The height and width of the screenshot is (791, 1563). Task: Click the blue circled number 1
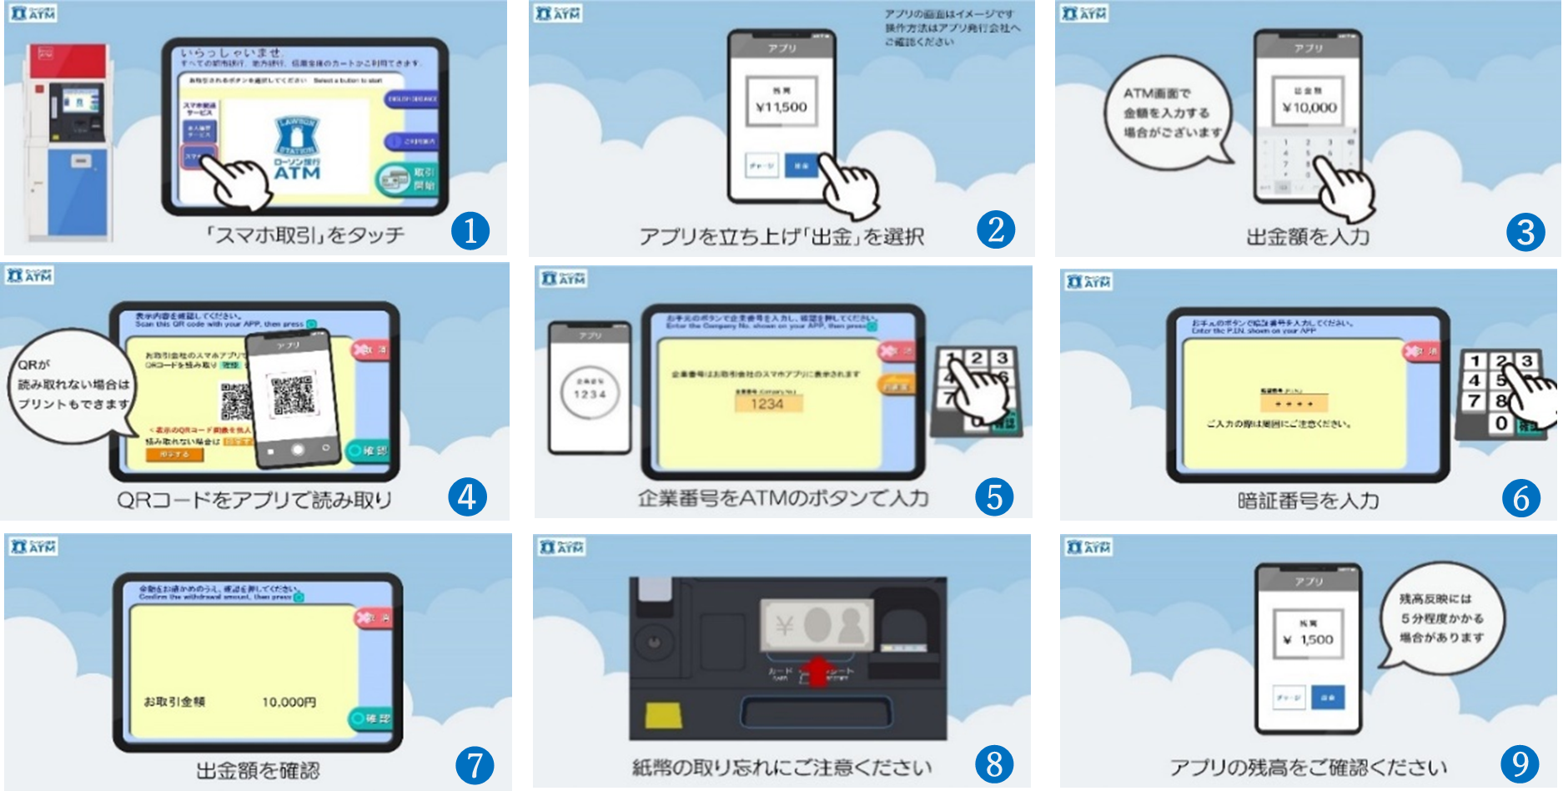[x=470, y=230]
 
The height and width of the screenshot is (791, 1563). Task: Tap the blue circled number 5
[x=994, y=496]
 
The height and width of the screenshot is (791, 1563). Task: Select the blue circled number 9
[x=1520, y=763]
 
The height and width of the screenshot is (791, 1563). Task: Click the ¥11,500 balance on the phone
[x=781, y=107]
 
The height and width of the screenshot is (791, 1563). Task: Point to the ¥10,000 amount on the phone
[x=1309, y=107]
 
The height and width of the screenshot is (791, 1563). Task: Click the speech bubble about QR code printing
[x=73, y=385]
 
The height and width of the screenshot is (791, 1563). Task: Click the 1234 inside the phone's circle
[x=590, y=394]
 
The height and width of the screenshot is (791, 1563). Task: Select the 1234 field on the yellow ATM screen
[x=766, y=404]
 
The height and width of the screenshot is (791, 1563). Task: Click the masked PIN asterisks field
[x=1294, y=403]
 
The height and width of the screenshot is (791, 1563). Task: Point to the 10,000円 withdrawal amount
[x=289, y=702]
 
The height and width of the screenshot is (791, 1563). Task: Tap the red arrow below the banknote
[x=818, y=669]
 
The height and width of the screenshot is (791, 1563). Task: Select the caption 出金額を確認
[x=258, y=769]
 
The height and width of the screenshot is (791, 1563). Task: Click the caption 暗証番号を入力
[x=1308, y=501]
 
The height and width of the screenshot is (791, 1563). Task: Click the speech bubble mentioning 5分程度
[x=1441, y=618]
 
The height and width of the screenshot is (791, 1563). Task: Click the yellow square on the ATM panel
[x=663, y=714]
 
